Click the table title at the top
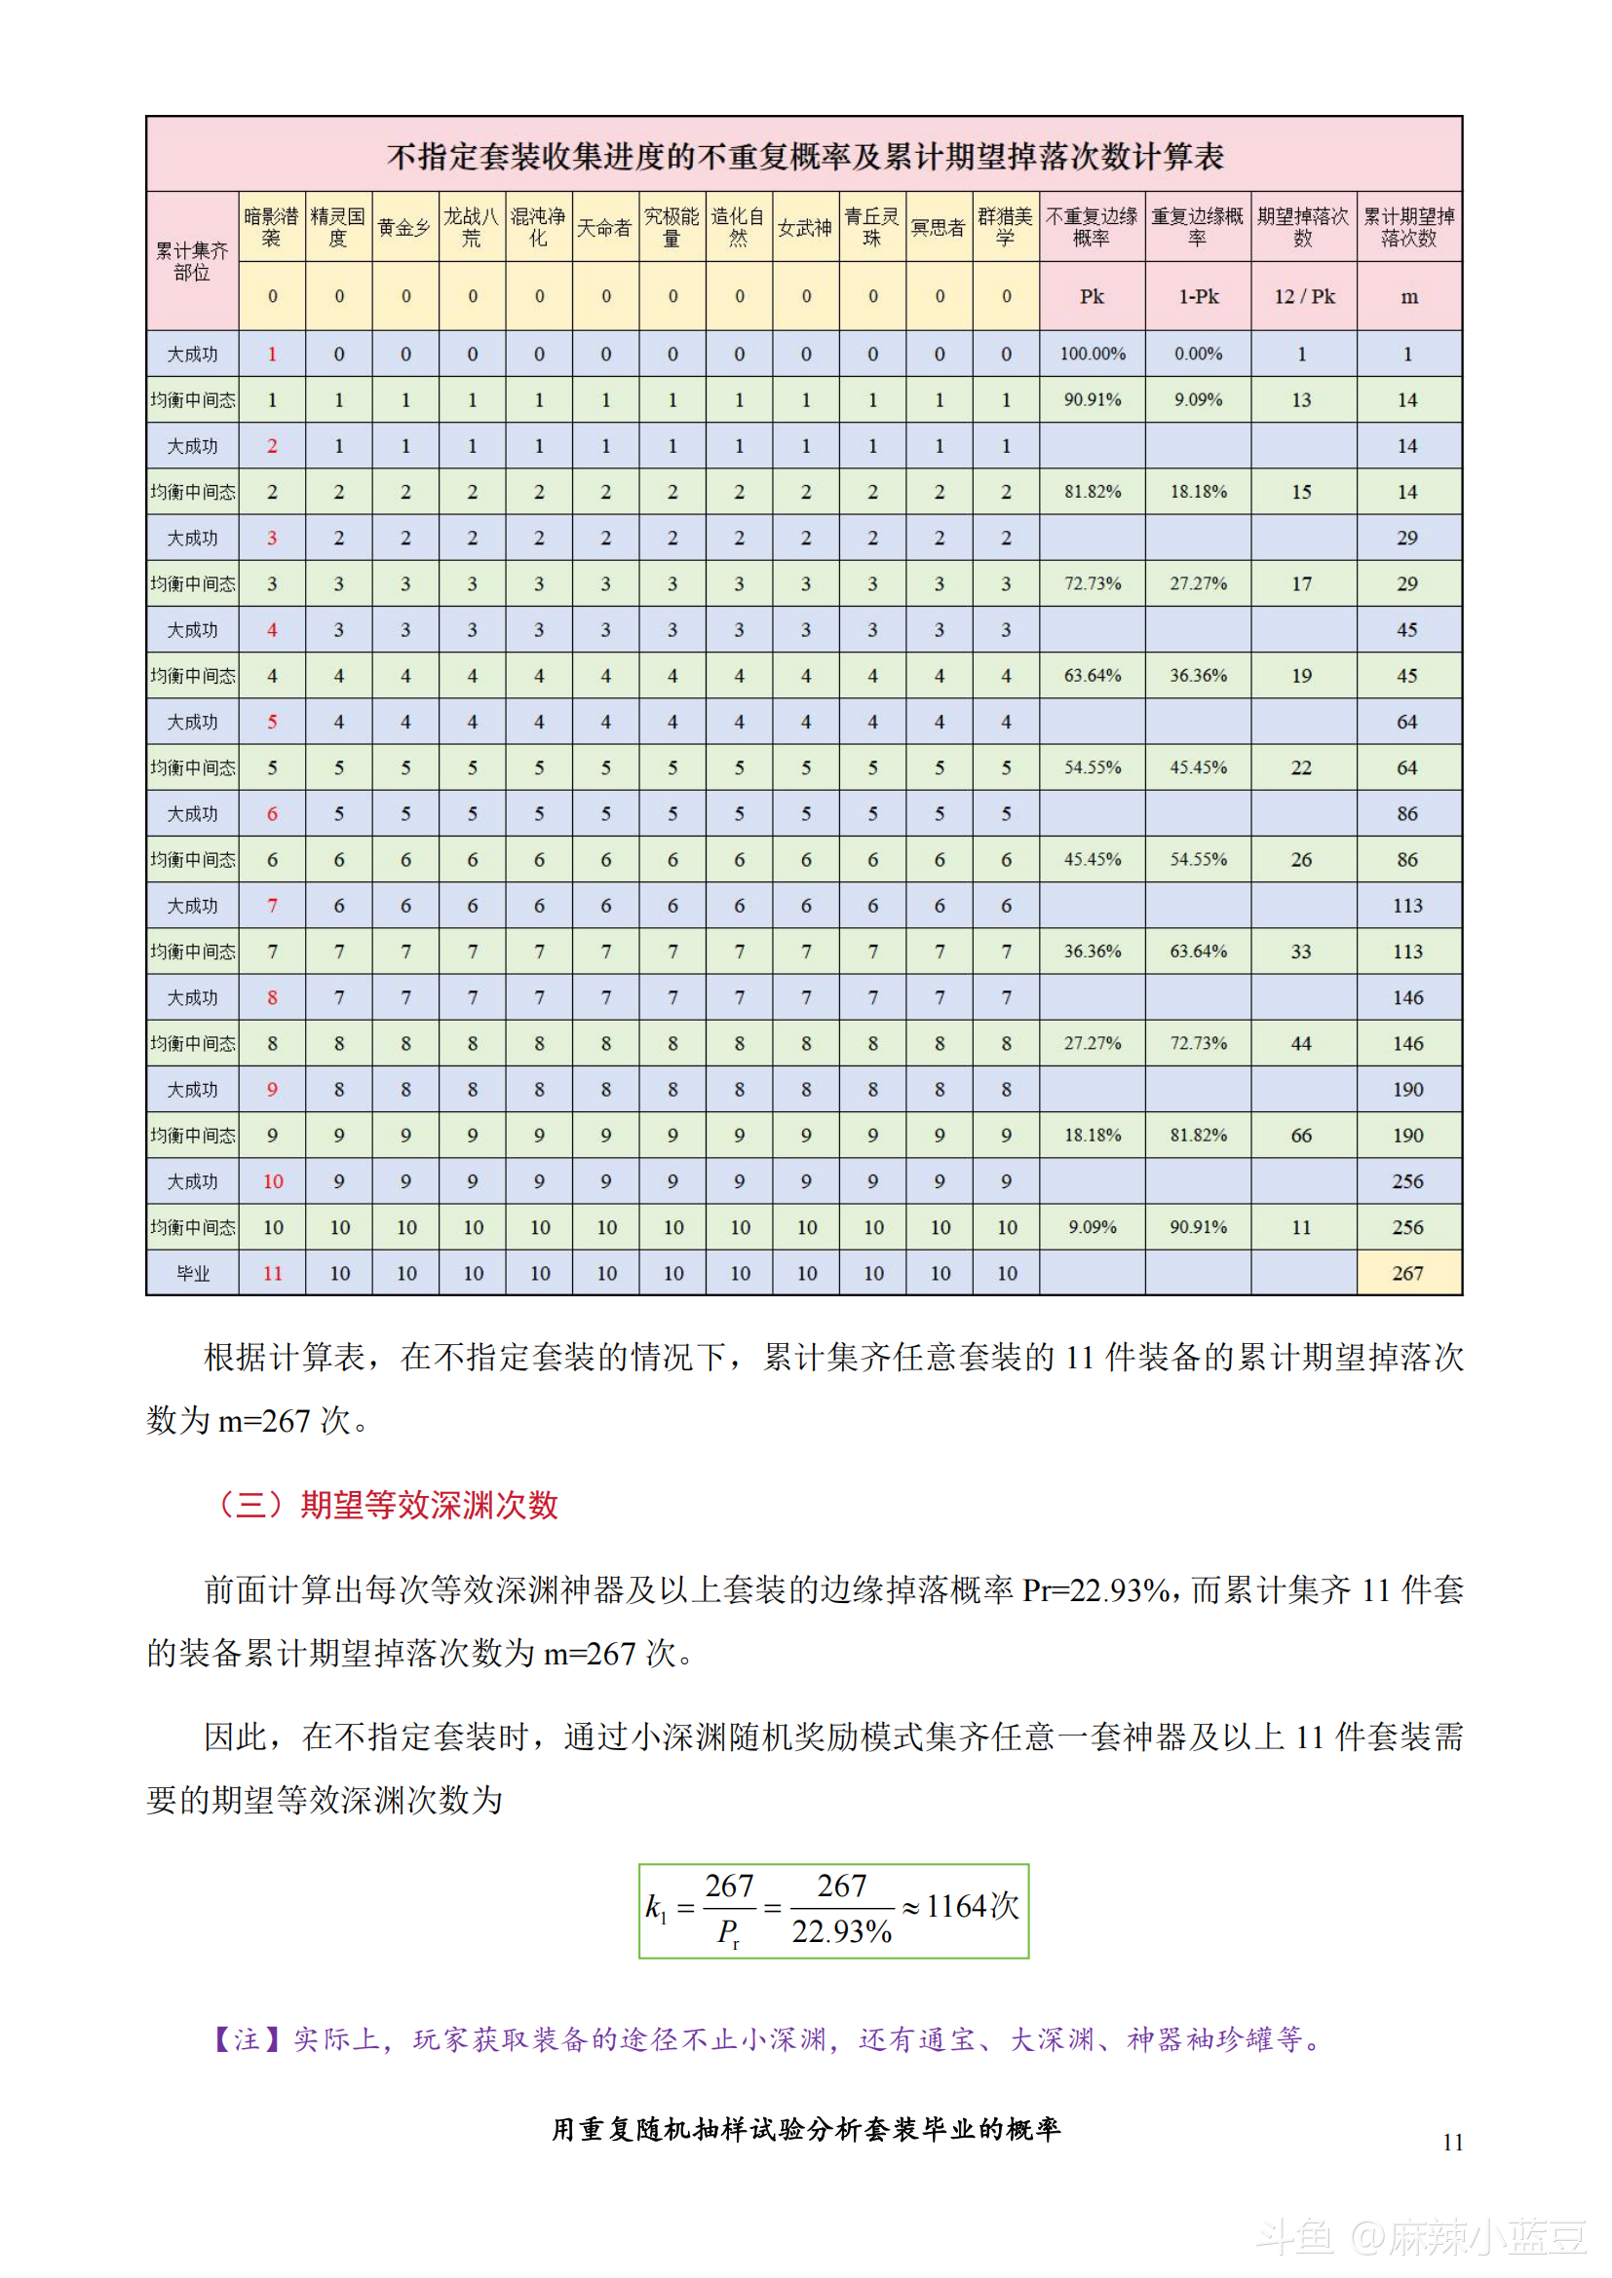pyautogui.click(x=804, y=156)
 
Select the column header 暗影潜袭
pyautogui.click(x=272, y=227)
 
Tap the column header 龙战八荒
pyautogui.click(x=473, y=227)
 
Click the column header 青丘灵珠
pyautogui.click(x=872, y=227)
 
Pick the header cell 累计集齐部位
pyautogui.click(x=192, y=261)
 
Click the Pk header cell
pyautogui.click(x=1092, y=297)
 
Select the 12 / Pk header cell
pyautogui.click(x=1304, y=297)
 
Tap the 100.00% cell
pyautogui.click(x=1092, y=355)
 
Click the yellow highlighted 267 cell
pyautogui.click(x=1408, y=1273)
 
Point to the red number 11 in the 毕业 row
pyautogui.click(x=273, y=1273)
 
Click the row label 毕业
pyautogui.click(x=193, y=1273)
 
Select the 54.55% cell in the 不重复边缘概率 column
pyautogui.click(x=1092, y=767)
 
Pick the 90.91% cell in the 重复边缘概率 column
pyautogui.click(x=1198, y=1227)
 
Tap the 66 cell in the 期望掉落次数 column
pyautogui.click(x=1301, y=1135)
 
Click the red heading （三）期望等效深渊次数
pyautogui.click(x=388, y=1505)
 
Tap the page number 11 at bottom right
pyautogui.click(x=1452, y=2142)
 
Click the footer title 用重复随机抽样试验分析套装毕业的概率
pyautogui.click(x=806, y=2129)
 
